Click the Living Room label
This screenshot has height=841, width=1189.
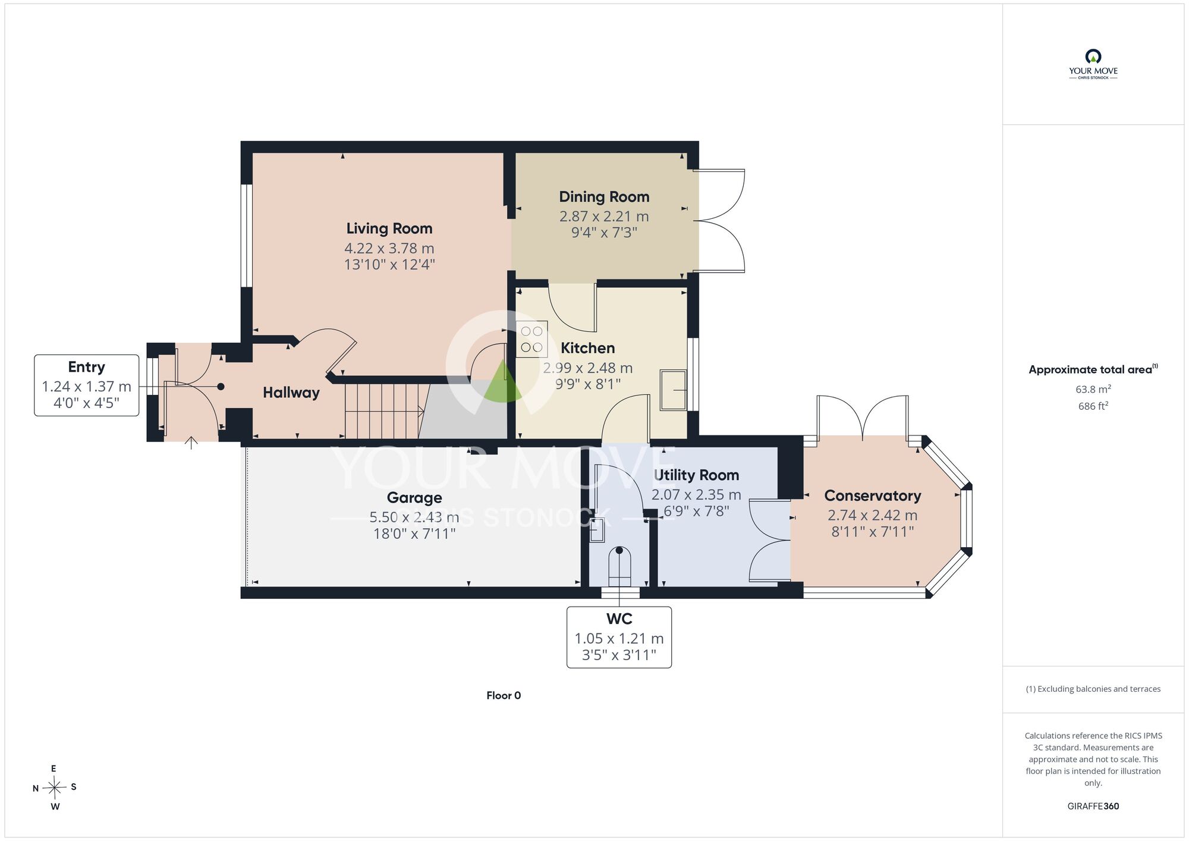point(389,228)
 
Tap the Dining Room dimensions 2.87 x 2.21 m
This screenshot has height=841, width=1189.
point(604,216)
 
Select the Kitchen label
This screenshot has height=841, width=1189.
point(587,348)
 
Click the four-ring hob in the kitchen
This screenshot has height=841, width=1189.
point(531,339)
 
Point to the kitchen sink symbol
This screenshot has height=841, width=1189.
point(674,390)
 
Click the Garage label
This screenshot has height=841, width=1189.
point(414,498)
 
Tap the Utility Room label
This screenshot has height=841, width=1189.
point(696,475)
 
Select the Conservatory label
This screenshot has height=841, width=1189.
point(873,495)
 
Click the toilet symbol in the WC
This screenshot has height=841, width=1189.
point(619,566)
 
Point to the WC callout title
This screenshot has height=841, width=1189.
point(619,619)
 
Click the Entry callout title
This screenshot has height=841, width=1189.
point(86,367)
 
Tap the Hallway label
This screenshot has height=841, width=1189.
point(291,393)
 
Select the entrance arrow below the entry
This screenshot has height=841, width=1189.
point(191,443)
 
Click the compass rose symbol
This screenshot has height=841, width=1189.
point(55,788)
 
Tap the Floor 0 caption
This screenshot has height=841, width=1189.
point(504,695)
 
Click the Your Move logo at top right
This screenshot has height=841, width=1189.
point(1093,64)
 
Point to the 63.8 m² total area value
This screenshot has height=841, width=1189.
point(1093,389)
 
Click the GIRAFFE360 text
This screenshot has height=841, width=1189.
point(1093,807)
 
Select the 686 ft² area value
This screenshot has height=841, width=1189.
point(1093,406)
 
